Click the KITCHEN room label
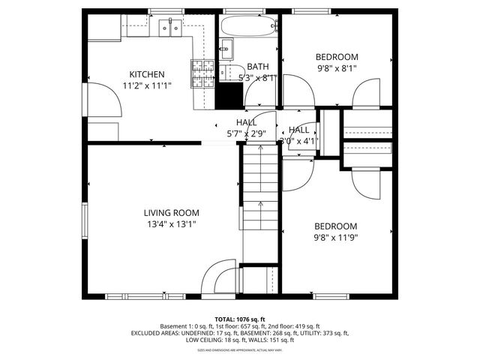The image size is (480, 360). tap(147, 74)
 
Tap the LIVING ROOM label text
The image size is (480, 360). tap(171, 212)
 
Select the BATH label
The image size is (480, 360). tap(257, 67)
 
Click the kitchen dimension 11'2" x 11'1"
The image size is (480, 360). tap(147, 85)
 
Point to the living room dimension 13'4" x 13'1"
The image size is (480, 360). tap(171, 223)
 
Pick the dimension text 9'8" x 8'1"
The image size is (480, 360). tap(336, 68)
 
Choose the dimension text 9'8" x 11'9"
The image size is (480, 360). tap(336, 238)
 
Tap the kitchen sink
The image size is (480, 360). tap(170, 28)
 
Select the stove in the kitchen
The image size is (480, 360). tap(202, 74)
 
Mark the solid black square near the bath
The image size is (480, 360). tap(229, 97)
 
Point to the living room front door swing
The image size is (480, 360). tap(218, 275)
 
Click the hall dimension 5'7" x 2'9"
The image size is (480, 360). tap(246, 133)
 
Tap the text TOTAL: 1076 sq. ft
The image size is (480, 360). tap(240, 319)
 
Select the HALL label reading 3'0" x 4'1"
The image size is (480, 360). tap(299, 140)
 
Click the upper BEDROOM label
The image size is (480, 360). tap(336, 57)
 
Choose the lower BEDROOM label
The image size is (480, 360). tap(336, 226)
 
